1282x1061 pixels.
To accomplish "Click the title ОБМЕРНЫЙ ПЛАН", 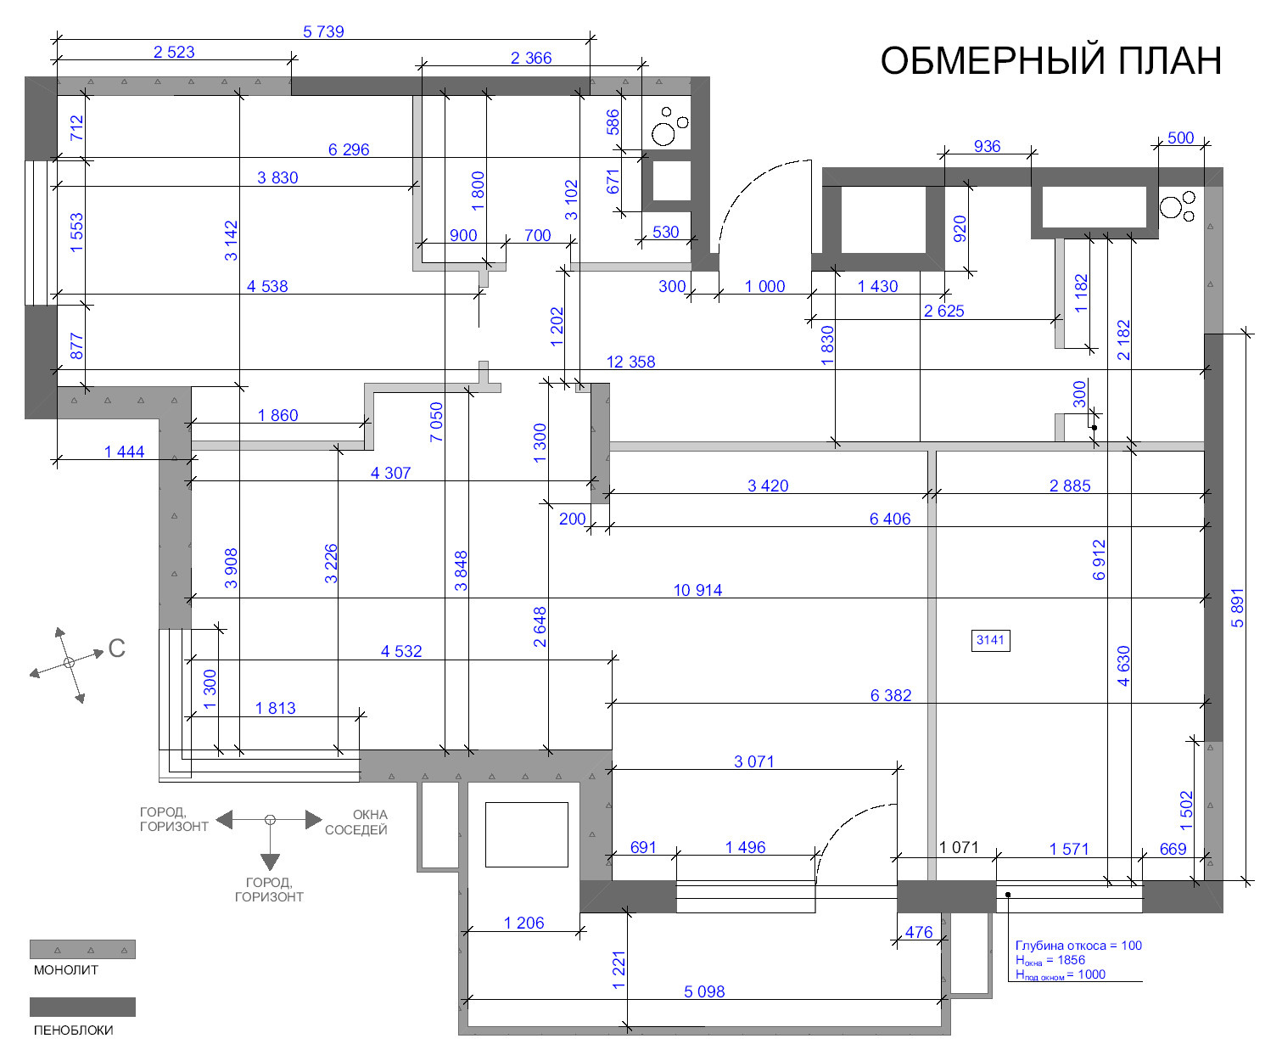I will coord(1050,61).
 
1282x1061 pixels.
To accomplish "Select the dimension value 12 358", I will coord(630,362).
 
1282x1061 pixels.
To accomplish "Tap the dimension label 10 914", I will coord(697,590).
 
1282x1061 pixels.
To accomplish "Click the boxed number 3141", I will coord(990,640).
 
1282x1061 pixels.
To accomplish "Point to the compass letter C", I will coord(117,648).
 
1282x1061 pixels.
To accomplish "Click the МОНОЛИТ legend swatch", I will coord(82,949).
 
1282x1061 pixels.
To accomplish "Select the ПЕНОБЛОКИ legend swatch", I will coord(82,1007).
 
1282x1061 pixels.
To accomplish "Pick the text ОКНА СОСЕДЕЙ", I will coord(357,822).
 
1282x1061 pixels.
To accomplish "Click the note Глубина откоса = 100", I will coord(1078,946).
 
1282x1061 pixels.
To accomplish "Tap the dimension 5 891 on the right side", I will coord(1238,607).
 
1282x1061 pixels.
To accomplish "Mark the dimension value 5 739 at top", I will coord(323,31).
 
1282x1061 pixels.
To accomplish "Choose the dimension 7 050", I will coord(436,422).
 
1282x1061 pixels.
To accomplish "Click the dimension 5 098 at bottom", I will coord(704,991).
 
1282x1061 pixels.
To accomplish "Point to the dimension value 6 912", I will coord(1100,559).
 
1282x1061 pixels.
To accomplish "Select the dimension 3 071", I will coord(753,761).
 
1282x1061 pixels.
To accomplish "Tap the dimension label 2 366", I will coord(531,58).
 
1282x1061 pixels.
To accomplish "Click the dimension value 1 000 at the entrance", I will coord(764,286).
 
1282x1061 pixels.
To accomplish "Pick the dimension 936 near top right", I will coord(987,146).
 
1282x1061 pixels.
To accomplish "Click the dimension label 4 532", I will coord(401,651).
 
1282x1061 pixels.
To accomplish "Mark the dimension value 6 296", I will coord(349,149).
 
